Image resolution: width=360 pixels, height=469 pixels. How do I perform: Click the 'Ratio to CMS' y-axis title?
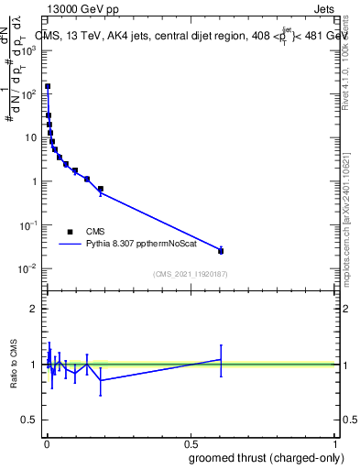[x=15, y=365]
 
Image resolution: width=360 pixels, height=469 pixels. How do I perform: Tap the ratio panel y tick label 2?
[x=33, y=309]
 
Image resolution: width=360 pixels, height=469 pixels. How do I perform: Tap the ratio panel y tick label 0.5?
[x=29, y=421]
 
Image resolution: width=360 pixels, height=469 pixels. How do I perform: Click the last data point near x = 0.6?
[x=221, y=250]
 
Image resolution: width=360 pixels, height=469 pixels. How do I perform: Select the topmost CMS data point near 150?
[x=48, y=87]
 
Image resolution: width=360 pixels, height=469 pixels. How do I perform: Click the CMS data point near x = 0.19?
[x=101, y=189]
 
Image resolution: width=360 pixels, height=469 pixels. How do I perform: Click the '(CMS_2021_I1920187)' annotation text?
[x=191, y=273]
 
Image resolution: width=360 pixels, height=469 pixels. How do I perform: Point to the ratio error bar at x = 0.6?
[x=221, y=359]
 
